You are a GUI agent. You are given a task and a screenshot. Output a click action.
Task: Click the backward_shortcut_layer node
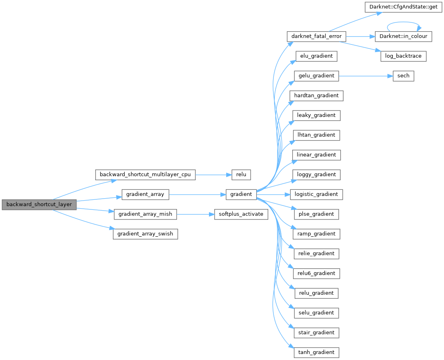point(39,204)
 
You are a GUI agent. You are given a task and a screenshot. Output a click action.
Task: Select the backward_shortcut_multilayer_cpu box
point(145,175)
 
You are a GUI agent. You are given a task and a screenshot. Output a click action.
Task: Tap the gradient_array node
point(145,194)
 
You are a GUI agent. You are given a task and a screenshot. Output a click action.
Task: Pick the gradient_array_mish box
point(145,214)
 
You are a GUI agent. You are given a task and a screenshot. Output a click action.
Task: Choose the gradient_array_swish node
point(145,233)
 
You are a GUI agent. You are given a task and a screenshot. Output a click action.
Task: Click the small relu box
point(241,175)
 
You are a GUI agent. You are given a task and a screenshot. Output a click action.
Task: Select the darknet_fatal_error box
point(316,36)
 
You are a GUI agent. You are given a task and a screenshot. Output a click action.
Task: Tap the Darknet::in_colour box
point(400,36)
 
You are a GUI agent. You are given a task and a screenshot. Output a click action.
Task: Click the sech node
point(403,75)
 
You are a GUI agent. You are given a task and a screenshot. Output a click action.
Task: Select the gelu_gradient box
point(316,75)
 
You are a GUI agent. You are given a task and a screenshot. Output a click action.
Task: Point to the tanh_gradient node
point(316,352)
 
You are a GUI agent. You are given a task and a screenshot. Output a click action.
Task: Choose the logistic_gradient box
point(316,194)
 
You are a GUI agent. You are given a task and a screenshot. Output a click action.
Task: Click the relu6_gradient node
point(316,273)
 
